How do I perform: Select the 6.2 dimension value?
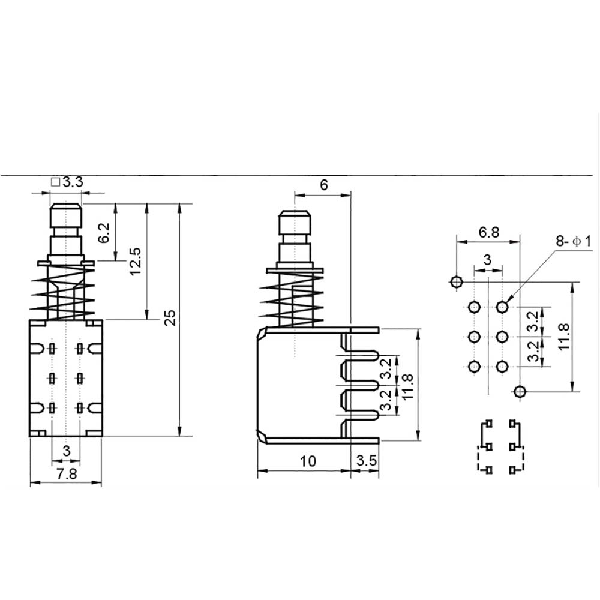coord(104,232)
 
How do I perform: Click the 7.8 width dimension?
coord(66,473)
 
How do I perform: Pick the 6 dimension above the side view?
coord(324,185)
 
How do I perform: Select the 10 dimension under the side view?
coord(308,461)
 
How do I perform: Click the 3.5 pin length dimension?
coord(366,461)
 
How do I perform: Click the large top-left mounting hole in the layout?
coord(456,281)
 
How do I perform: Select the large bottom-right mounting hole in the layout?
coord(520,392)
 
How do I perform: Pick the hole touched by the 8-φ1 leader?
coord(502,307)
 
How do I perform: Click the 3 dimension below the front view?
coord(67,450)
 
